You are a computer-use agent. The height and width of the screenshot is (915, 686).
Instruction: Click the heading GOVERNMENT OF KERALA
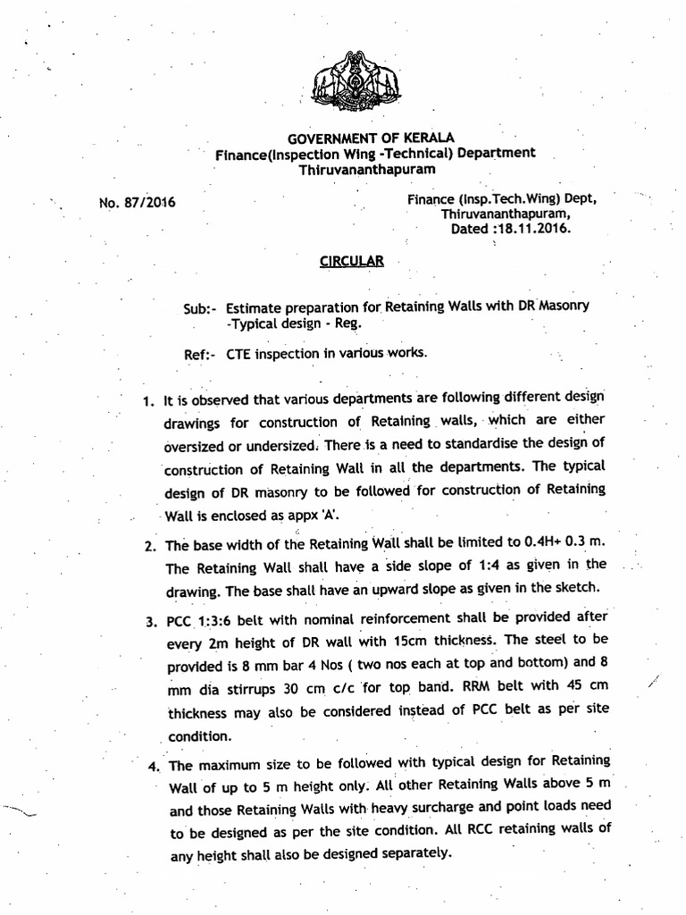click(x=370, y=138)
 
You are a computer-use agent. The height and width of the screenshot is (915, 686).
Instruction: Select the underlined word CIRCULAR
click(x=352, y=261)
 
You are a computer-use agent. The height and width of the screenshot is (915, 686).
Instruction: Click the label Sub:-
click(x=200, y=307)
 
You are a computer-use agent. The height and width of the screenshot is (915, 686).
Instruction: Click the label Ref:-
click(x=200, y=354)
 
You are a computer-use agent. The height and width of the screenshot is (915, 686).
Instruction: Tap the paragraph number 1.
click(x=147, y=399)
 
